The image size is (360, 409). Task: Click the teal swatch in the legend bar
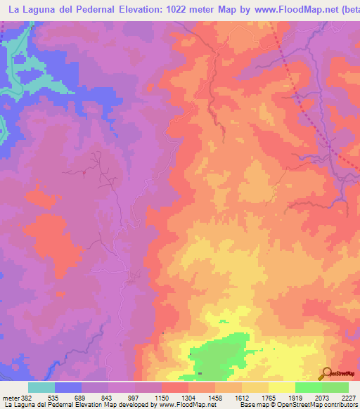tap(41, 387)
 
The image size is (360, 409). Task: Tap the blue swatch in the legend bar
tap(68, 387)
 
